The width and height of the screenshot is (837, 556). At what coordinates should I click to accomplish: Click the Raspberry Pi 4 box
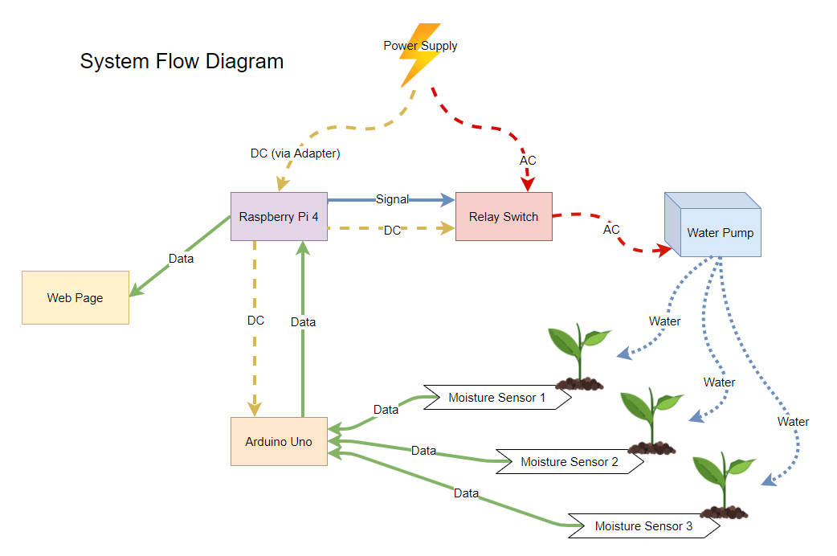279,217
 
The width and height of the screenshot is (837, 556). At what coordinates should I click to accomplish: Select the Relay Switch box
504,217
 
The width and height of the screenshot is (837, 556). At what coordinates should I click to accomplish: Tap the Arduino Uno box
279,441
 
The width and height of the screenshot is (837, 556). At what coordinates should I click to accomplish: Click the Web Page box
76,297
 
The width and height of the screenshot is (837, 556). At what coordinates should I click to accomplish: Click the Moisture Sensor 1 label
497,398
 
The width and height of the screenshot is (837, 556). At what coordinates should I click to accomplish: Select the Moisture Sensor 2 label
570,462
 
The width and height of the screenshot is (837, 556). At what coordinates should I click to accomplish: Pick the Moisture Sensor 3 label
643,526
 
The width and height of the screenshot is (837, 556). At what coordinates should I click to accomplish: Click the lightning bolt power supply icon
420,55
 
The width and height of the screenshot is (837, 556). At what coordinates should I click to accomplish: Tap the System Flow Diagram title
182,62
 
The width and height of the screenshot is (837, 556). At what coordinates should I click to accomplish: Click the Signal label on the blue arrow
392,199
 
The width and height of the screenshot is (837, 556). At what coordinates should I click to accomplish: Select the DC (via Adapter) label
296,153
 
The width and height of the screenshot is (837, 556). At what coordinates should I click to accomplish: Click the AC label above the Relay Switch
528,161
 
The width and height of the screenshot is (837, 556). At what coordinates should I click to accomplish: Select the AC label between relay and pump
612,230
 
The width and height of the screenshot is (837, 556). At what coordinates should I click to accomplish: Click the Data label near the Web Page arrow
181,259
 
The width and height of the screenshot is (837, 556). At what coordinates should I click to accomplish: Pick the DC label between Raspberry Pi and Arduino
255,320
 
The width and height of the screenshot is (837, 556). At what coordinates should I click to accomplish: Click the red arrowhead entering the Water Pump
663,251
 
